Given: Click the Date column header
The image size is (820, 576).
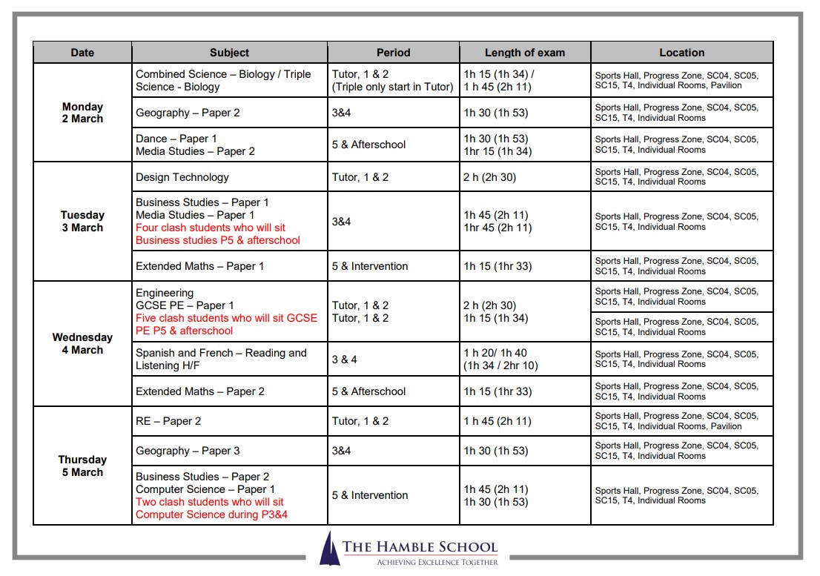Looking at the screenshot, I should coord(82,53).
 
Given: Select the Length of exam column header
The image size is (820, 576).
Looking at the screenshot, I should coord(524,53).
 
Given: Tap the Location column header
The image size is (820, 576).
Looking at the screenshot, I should coord(681,53).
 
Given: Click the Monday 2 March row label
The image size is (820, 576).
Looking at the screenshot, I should coord(82,113).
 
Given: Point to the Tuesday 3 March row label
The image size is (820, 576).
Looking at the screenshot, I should coord(82,222).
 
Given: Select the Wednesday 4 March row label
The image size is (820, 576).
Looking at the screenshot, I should coord(82,343).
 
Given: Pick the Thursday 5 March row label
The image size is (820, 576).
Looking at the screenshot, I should coord(82,466).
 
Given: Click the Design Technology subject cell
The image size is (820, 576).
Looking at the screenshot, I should coord(182,177).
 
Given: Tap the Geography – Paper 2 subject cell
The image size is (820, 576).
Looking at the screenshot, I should coord(188,113).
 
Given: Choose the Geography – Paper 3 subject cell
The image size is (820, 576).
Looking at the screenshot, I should coord(188,451).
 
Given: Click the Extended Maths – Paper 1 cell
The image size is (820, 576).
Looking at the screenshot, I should coord(199,266).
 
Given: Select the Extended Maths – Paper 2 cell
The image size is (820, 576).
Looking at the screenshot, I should coord(199,391).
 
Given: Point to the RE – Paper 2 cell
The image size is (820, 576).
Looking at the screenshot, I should coord(168,421).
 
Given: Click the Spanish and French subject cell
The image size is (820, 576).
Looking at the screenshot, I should coord(220,360).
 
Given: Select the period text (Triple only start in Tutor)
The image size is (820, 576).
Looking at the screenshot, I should coord(392,87).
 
